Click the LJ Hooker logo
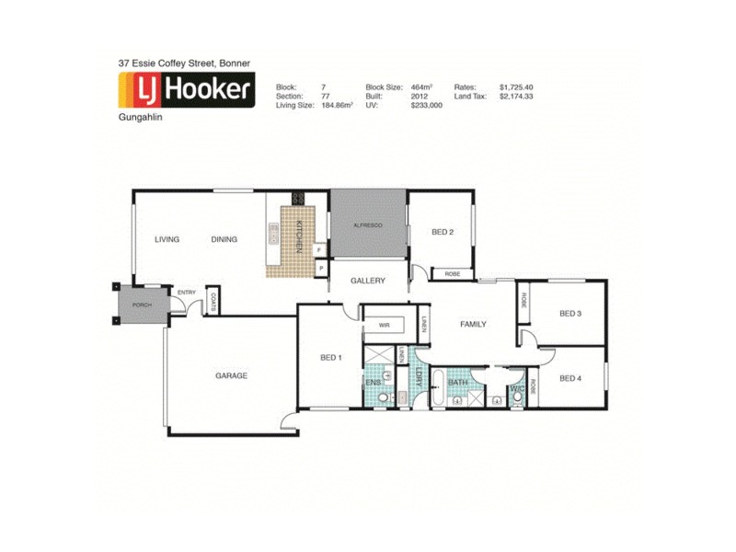pos(187,91)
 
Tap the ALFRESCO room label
pos(367,225)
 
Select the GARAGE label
pos(231,375)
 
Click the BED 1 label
pos(331,357)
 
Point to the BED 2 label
pos(443,232)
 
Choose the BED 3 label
pos(570,314)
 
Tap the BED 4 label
pos(570,378)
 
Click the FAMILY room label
pos(473,324)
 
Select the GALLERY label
pos(368,281)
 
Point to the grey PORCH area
pos(142,304)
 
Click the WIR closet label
pos(384,325)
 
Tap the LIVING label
pos(167,239)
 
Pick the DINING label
pos(224,239)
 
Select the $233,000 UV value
pos(426,106)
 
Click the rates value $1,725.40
pos(516,86)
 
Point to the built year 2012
pos(419,96)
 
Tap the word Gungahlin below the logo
pos(141,118)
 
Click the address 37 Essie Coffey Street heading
pos(184,63)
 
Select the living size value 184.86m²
pos(337,106)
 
